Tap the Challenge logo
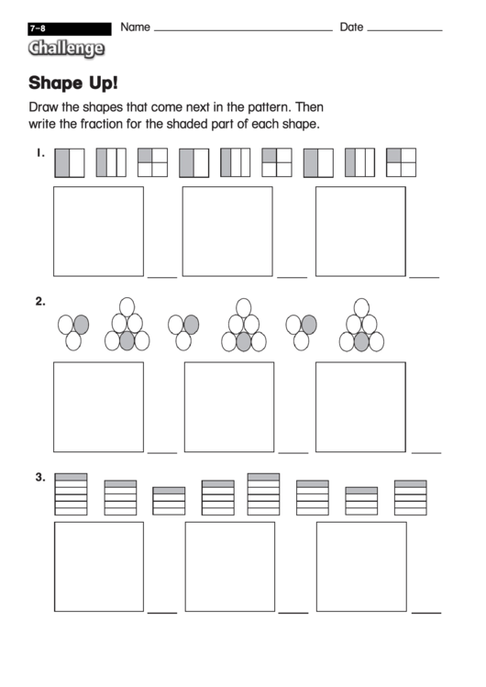[65, 48]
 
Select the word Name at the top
[135, 27]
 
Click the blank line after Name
[243, 30]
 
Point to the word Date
[351, 27]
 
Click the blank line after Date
[404, 30]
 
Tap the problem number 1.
[40, 153]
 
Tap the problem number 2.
[40, 301]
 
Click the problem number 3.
[40, 477]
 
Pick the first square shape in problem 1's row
[69, 162]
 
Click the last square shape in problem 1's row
[401, 162]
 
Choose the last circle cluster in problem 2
[362, 326]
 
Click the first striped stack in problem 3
[72, 494]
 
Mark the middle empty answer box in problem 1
[226, 230]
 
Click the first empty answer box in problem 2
[98, 406]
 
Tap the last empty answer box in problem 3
[360, 566]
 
